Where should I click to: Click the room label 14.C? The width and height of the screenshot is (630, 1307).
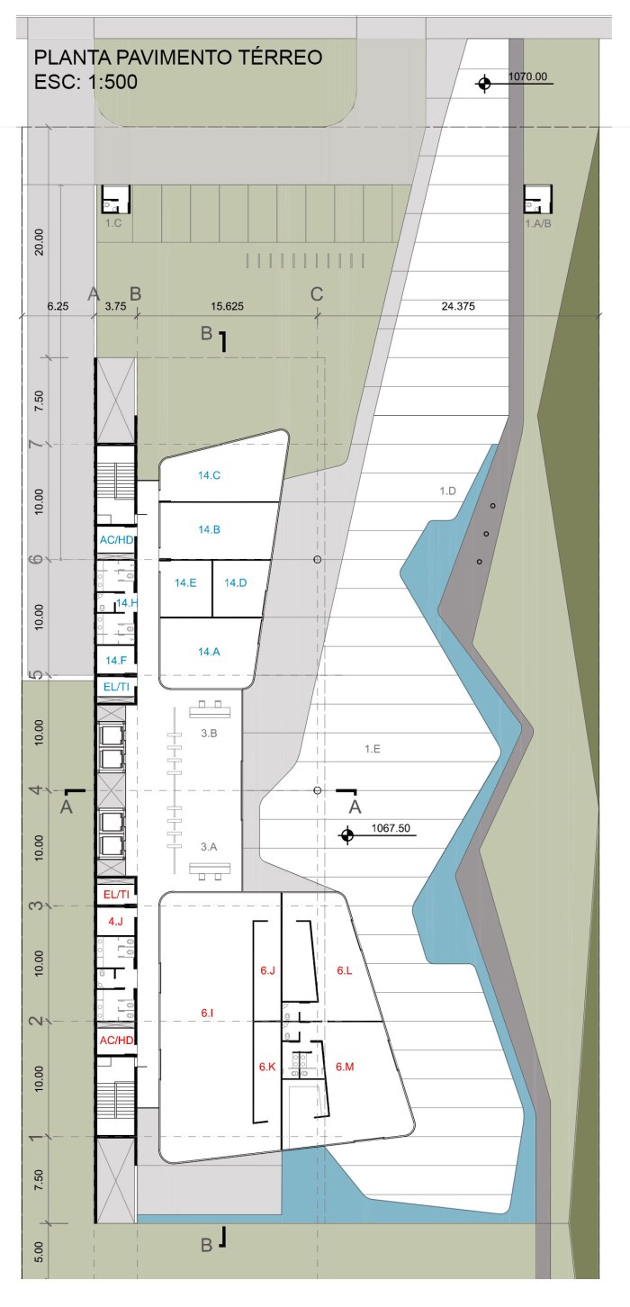[209, 475]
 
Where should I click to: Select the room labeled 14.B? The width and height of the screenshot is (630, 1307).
[209, 530]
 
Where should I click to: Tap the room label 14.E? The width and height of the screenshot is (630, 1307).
[185, 583]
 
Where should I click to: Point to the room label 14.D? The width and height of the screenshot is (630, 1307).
[236, 583]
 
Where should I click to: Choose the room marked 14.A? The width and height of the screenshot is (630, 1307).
[209, 652]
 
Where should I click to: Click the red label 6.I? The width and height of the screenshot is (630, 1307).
[207, 1013]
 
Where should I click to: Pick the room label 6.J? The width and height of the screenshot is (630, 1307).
[268, 970]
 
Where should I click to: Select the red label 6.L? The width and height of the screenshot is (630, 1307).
[344, 970]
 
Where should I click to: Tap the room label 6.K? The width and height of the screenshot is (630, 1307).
[267, 1067]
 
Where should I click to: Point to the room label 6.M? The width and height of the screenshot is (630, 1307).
[345, 1067]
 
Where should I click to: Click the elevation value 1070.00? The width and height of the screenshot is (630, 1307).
[528, 77]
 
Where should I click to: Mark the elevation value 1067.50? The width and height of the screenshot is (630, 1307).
[391, 828]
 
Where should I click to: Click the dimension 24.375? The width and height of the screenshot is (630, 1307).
[458, 306]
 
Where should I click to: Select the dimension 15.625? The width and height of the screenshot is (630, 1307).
[227, 306]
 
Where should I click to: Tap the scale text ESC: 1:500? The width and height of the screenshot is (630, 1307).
[85, 82]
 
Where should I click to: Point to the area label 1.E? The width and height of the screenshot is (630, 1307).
[373, 749]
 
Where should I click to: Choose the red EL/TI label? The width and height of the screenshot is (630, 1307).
[116, 895]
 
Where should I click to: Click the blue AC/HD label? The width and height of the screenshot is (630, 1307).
[116, 540]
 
